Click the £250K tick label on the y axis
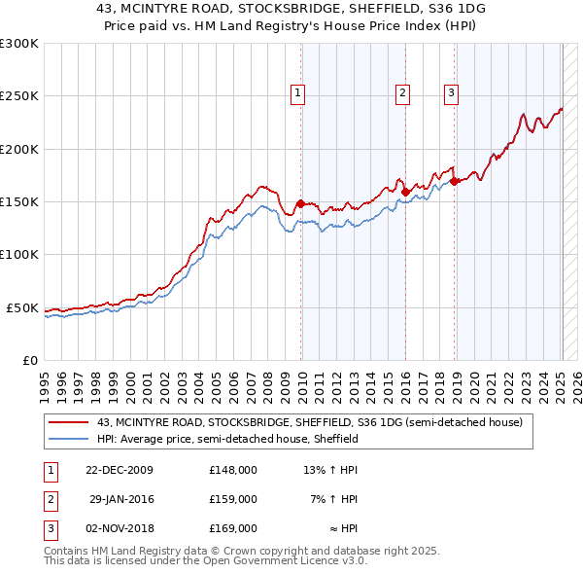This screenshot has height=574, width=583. click(19, 96)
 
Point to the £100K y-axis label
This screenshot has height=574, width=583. click(19, 254)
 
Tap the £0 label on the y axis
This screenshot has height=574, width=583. click(29, 360)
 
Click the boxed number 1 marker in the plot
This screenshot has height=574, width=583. click(297, 93)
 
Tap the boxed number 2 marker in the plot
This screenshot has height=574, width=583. click(401, 93)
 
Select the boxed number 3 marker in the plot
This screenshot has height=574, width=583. click(452, 93)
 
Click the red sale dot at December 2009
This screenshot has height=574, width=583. click(301, 204)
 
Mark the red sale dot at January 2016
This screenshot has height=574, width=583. click(405, 193)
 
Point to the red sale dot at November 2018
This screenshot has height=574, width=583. click(455, 182)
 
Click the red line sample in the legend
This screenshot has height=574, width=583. click(70, 423)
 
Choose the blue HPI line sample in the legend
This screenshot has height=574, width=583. click(70, 439)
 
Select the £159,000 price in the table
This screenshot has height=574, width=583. click(233, 499)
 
